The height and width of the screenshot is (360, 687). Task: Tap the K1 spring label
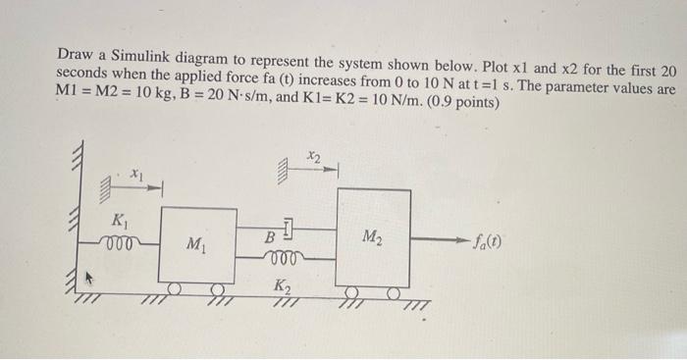(119, 219)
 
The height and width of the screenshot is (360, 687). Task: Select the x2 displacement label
(313, 155)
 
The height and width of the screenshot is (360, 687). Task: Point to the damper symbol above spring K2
(284, 232)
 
